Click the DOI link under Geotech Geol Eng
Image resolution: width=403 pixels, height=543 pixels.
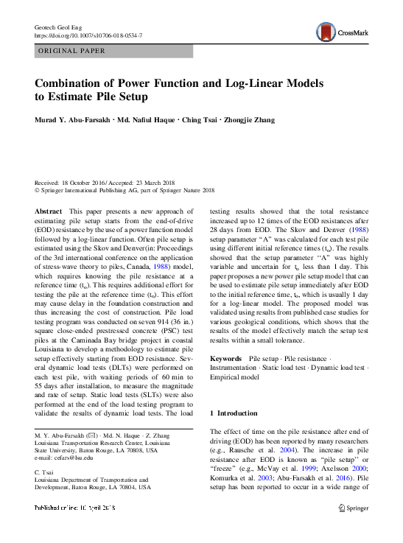pyautogui.click(x=89, y=35)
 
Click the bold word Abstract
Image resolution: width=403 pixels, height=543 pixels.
pyautogui.click(x=49, y=211)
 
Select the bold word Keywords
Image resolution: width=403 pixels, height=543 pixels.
pyautogui.click(x=227, y=358)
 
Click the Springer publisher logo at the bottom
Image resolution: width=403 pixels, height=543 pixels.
pyautogui.click(x=354, y=508)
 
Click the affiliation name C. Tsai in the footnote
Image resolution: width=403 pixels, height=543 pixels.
pyautogui.click(x=46, y=471)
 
